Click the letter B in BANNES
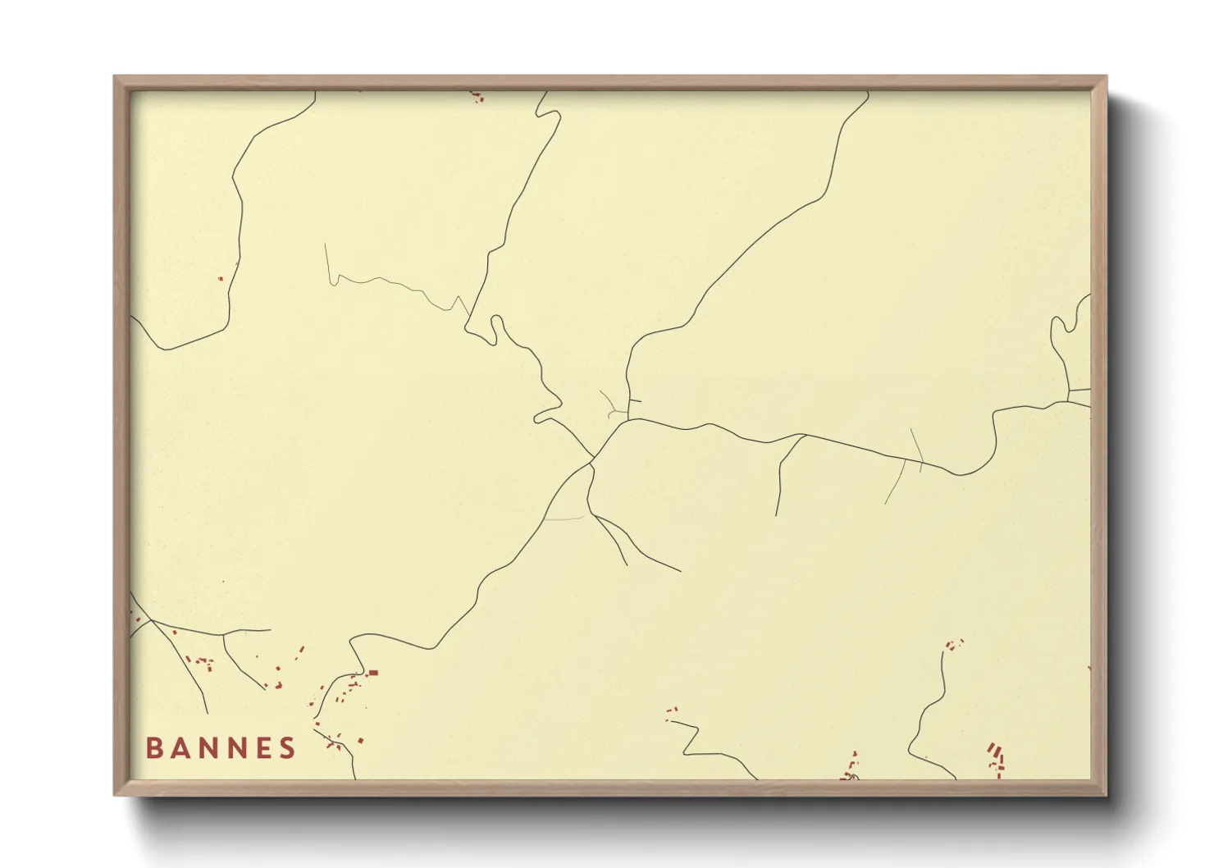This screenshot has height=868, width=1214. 153,748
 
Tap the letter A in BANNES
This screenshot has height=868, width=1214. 181,748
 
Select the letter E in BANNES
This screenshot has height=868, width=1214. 262,748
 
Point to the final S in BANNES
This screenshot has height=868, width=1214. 287,748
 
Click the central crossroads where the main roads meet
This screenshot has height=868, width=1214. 593,458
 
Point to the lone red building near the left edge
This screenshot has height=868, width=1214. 220,278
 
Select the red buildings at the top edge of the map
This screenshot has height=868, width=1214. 477,97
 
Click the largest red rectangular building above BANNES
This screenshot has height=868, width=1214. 373,673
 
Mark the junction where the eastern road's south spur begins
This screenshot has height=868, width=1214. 803,436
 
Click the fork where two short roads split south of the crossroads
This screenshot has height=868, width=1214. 596,516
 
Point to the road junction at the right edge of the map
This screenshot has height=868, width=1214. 1069,397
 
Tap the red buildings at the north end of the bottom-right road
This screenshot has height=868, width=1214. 953,645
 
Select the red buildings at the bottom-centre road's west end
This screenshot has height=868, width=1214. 672,714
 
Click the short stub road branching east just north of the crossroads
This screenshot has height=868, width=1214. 633,400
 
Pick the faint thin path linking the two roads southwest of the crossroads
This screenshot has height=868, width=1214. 564,519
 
